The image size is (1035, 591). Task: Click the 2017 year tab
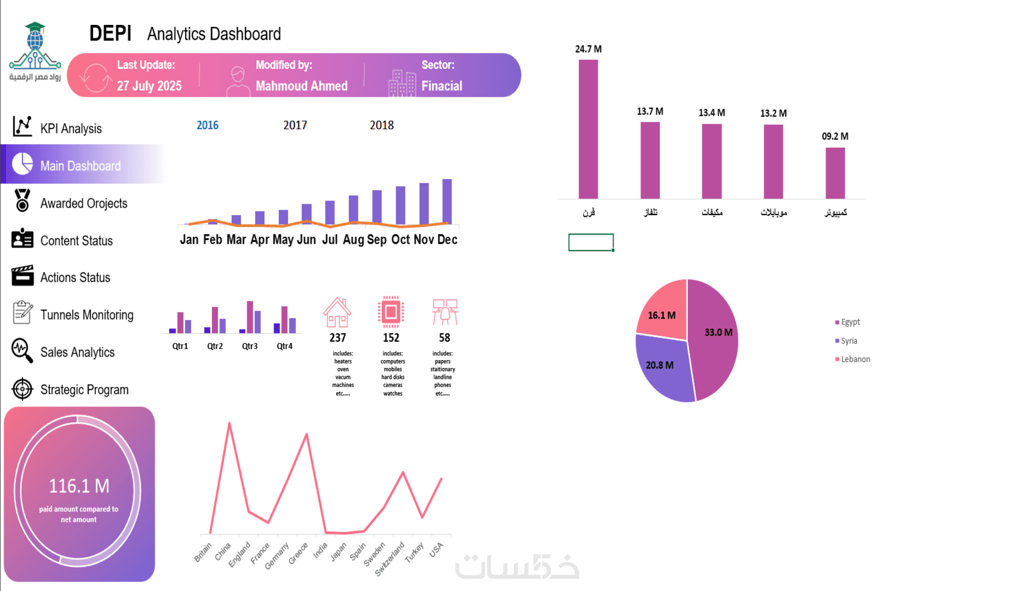(x=295, y=125)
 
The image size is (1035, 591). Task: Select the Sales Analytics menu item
(x=77, y=352)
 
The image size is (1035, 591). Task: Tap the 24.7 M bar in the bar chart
(x=588, y=129)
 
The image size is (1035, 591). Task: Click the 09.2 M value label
(x=835, y=136)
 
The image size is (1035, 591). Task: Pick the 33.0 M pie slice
(x=715, y=341)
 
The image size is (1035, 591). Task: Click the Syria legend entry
(x=849, y=341)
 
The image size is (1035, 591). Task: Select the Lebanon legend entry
(x=855, y=359)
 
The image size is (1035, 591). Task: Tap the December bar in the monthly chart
(x=447, y=201)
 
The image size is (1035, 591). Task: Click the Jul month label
(x=330, y=239)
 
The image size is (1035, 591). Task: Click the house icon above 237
(x=337, y=312)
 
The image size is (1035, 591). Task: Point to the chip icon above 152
(x=391, y=312)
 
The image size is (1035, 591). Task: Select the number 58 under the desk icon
(x=444, y=338)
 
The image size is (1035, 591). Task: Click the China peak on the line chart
(x=230, y=423)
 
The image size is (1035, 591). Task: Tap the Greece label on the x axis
(x=298, y=553)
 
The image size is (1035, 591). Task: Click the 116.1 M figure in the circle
(x=79, y=486)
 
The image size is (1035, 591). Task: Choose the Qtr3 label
(x=250, y=346)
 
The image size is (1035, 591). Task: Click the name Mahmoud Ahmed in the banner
(x=301, y=86)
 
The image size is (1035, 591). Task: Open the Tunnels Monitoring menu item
(x=86, y=315)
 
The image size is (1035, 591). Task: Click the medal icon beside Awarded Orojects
(x=23, y=200)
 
